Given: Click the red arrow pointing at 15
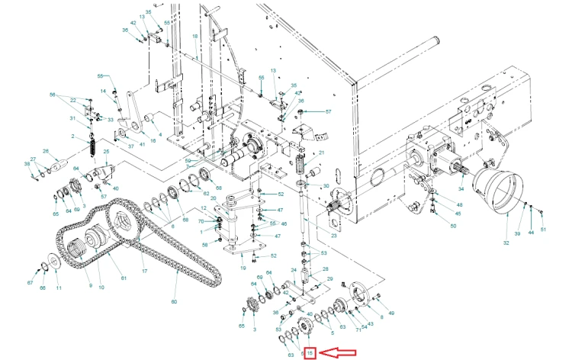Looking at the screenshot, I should coord(337,353).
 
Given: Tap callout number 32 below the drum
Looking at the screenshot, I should coord(506,243).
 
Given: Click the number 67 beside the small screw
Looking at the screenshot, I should coord(31,283).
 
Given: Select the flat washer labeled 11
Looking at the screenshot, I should coord(56,262).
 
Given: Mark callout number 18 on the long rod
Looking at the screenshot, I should coord(194,37).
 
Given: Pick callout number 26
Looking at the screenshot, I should coord(45,151).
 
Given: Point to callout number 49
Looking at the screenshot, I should coord(391,313).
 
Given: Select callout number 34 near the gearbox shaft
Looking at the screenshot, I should coord(461,188).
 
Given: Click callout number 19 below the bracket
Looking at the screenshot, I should coord(243,268).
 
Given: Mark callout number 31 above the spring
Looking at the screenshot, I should coord(72,118).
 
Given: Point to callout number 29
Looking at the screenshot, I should coord(330,281).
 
